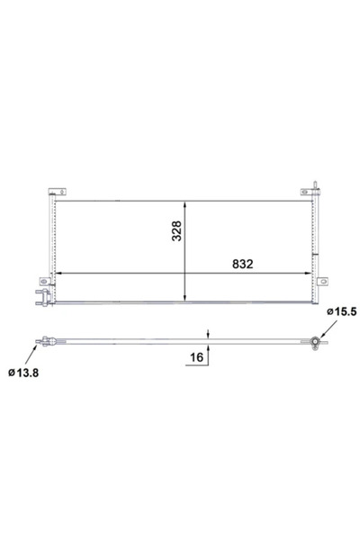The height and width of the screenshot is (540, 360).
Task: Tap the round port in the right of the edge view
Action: [314, 342]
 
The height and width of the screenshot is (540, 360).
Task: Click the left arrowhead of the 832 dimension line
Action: [58, 274]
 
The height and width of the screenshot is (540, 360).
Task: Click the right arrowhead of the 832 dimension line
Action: [311, 274]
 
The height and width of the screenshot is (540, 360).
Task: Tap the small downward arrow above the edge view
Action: [208, 335]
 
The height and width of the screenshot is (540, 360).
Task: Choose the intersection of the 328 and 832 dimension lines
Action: [185, 274]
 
